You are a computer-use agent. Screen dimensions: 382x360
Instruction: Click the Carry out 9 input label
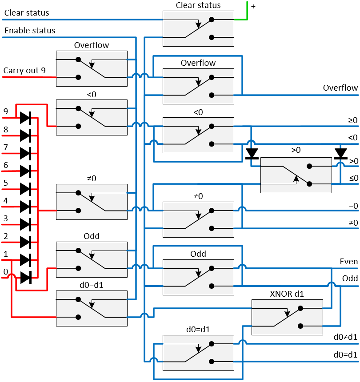[x=24, y=70]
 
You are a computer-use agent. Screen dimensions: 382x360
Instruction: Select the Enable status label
[x=30, y=31]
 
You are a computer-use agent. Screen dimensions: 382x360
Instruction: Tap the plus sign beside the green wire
[x=253, y=6]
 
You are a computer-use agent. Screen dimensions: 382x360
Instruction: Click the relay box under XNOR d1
[x=287, y=317]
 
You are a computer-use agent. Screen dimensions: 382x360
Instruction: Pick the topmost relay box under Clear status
[x=198, y=28]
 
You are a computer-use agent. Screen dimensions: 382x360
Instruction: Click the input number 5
[x=5, y=183]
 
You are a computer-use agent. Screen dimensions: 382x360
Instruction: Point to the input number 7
[x=5, y=147]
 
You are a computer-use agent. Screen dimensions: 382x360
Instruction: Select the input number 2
[x=5, y=236]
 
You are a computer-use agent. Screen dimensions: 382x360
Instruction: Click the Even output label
[x=348, y=262]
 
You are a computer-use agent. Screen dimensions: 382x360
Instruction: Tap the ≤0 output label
[x=353, y=178]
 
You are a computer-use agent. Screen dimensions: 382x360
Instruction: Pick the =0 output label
[x=353, y=206]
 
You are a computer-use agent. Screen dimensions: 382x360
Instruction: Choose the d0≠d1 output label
[x=345, y=337]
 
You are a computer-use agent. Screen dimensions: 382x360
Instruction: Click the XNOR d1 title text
[x=287, y=294]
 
